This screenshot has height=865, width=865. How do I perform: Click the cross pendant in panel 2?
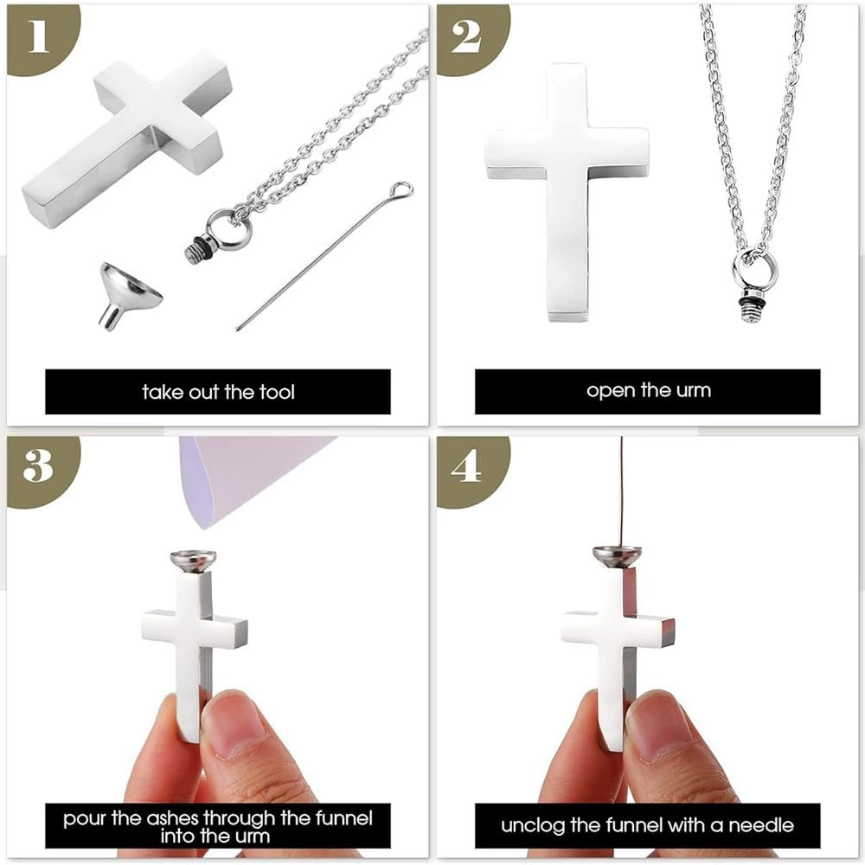pos(567,190)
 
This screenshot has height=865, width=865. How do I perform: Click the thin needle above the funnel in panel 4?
pos(622,491)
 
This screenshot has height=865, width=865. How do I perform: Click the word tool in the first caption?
pos(277,392)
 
